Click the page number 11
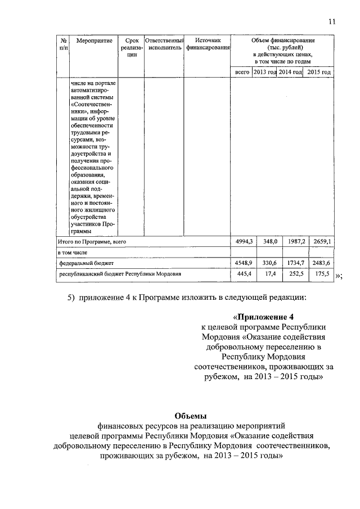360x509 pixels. click(332, 21)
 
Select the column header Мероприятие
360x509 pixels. click(94, 40)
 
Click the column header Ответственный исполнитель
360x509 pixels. click(164, 44)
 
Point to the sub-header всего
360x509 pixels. click(242, 72)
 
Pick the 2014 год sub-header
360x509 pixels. click(291, 72)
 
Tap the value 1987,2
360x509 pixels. click(295, 241)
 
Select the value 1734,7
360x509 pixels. click(295, 263)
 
